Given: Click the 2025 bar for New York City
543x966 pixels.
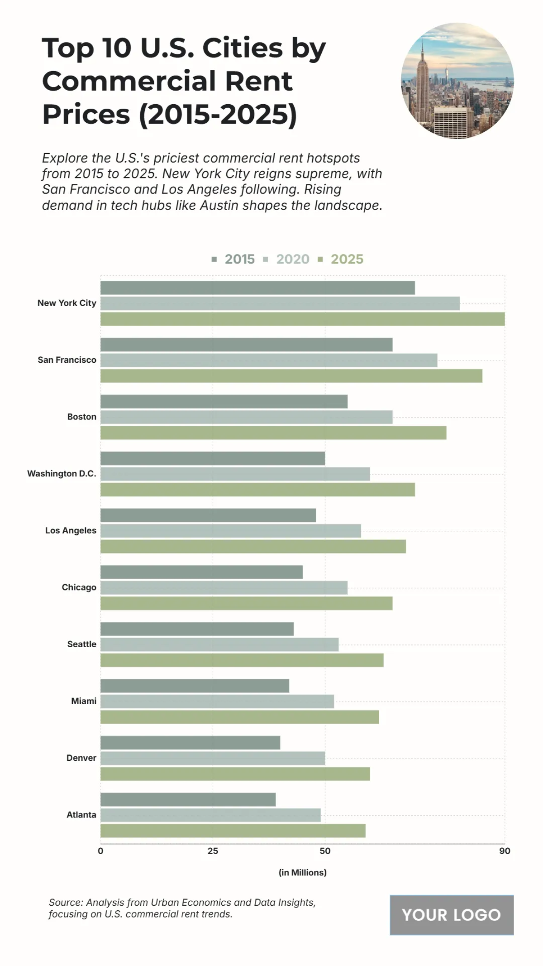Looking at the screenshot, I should coord(302,319).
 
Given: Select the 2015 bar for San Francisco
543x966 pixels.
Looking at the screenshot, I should coord(246,345).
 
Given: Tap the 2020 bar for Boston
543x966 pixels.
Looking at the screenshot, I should coord(246,417).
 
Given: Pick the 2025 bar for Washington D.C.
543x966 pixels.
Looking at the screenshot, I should coord(257,490).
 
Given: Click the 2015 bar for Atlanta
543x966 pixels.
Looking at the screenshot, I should coord(188,799).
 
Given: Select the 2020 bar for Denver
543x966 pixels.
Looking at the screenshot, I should coord(213,758).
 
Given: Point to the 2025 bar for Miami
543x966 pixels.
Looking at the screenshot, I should coord(239,717).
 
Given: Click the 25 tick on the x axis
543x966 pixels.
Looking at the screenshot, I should coord(213,851).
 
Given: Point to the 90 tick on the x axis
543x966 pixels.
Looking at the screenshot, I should coord(505,851).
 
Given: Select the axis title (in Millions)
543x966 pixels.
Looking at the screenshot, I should coord(302,872).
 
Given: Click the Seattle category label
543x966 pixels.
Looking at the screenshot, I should coord(81,644).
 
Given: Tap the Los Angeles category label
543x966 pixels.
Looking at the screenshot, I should coord(71,530).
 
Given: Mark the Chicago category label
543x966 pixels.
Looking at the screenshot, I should coord(79,587).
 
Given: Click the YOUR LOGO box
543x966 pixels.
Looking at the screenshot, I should coord(451,915).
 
